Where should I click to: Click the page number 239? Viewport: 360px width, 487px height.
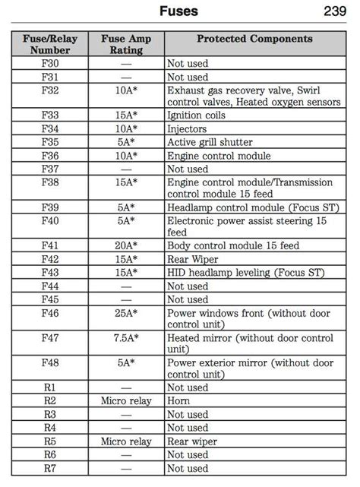[334, 11]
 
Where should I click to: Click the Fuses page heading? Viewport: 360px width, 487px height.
[179, 11]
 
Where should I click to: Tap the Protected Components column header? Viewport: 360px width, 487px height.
[254, 39]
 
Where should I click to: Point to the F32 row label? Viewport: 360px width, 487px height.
[50, 90]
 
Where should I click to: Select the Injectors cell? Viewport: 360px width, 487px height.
[189, 128]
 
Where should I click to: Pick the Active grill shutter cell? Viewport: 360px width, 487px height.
[210, 142]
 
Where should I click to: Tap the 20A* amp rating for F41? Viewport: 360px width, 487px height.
[126, 245]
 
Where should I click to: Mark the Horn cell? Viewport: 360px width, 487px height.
[180, 400]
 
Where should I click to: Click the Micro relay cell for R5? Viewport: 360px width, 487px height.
[126, 441]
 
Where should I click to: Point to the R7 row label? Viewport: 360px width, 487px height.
[50, 468]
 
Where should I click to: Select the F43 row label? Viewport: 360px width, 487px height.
[50, 272]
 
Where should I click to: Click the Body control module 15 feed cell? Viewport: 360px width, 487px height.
[233, 245]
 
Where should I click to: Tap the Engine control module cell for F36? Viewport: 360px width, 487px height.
[219, 156]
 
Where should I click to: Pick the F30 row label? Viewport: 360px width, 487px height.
[50, 64]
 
